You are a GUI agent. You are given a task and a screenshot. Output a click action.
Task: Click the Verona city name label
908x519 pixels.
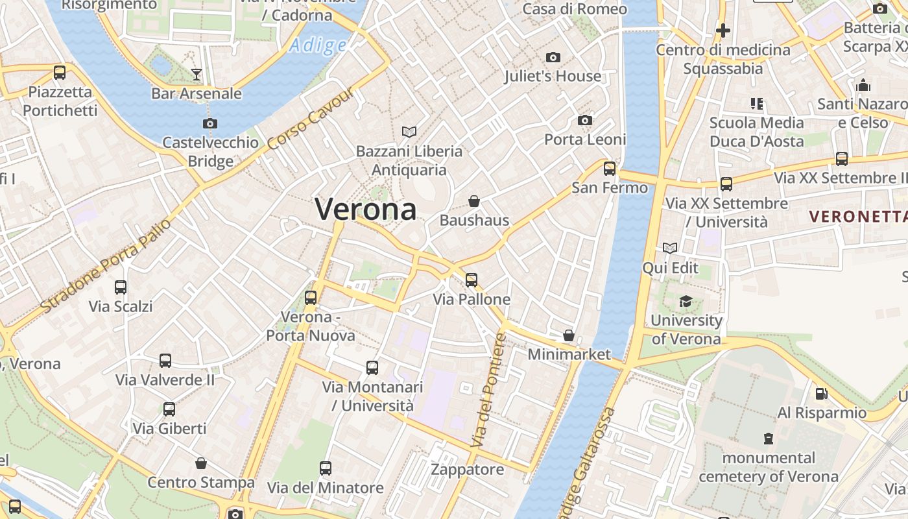pos(366,209)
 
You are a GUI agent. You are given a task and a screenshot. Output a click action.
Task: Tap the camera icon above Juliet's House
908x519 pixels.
pos(553,58)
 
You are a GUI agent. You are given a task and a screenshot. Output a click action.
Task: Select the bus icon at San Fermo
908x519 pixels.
pos(610,169)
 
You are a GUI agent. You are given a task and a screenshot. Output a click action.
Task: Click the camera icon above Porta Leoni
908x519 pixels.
pos(585,121)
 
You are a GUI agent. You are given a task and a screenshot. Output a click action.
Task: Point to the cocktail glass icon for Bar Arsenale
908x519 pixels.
pos(197,75)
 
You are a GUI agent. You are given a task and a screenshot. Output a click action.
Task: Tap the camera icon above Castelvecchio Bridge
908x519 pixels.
pos(209,123)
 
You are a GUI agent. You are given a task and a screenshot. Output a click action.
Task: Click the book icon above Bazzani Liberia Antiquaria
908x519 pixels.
pos(409,132)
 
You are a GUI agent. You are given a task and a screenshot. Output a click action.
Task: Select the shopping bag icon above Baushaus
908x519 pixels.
pos(474,201)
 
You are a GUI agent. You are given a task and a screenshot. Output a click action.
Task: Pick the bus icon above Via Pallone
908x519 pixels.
pos(472,280)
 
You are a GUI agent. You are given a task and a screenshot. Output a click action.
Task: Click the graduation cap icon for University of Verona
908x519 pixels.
pos(686,301)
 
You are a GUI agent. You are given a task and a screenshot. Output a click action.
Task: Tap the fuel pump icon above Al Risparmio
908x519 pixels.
pos(822,394)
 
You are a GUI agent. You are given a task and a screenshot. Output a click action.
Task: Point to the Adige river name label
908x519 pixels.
pos(318,45)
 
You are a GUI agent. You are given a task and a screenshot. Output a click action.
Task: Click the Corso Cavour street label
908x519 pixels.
pos(311,118)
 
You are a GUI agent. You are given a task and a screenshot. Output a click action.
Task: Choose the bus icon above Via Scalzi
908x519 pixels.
pos(121,287)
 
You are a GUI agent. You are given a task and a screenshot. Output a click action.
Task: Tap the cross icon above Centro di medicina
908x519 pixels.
pos(723,30)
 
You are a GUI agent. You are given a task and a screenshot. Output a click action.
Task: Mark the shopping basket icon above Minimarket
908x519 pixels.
pos(569,335)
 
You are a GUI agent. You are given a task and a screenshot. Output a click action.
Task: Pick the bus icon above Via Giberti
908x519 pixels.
pos(169,409)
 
